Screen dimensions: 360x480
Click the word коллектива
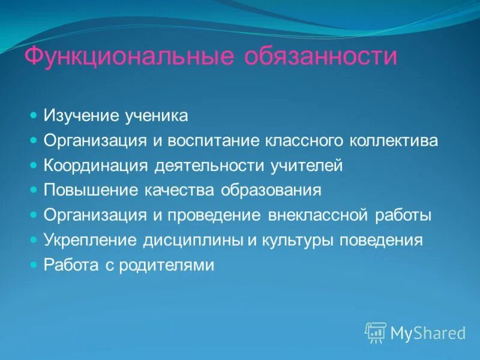394,141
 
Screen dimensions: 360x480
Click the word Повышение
90,190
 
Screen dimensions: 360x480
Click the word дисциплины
193,240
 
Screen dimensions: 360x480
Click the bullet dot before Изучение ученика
34,114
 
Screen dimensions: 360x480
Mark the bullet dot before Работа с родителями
34,263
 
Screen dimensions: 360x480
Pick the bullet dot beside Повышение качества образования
34,188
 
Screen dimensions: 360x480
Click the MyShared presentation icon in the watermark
376,332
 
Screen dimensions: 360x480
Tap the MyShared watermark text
428,333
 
